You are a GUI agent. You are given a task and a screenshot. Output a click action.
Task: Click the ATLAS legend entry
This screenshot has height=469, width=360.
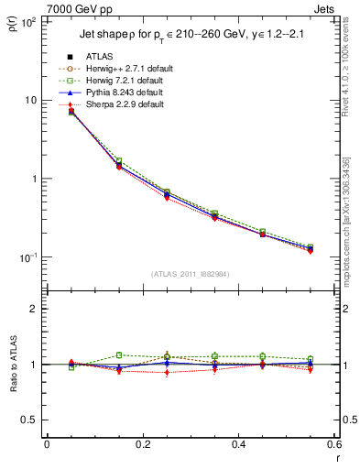(101, 57)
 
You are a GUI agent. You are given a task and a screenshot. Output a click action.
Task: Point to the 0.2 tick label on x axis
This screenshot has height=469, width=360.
(142, 444)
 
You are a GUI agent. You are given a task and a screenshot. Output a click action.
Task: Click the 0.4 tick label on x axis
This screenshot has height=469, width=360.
(237, 444)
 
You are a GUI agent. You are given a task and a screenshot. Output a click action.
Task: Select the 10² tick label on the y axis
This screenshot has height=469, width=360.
(28, 21)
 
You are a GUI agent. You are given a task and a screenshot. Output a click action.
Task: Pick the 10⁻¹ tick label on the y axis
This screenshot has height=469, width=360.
(28, 257)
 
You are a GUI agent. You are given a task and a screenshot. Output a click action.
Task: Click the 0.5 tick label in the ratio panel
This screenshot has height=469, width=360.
(29, 420)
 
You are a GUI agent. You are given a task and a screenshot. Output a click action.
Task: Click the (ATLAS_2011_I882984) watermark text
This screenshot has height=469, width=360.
(191, 274)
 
